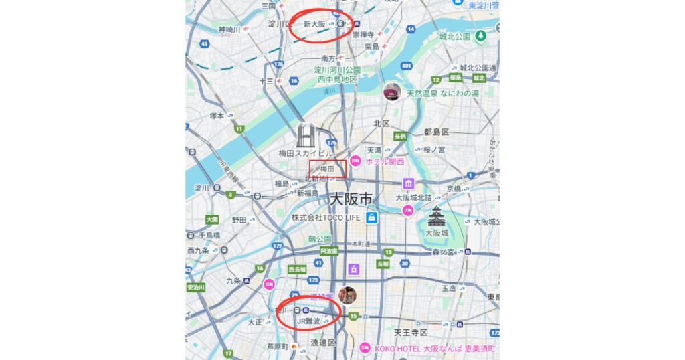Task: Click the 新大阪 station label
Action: point(314,24)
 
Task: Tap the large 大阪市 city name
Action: point(351,199)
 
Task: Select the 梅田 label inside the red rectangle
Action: point(327,169)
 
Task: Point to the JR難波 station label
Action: point(308,321)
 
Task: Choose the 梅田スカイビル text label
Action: point(305,154)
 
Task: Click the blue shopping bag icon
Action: point(371,217)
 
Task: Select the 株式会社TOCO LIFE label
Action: point(325,217)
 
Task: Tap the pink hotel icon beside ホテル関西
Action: point(355,161)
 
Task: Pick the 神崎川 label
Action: point(229,29)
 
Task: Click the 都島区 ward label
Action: point(436,131)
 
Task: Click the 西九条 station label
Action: point(198,250)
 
